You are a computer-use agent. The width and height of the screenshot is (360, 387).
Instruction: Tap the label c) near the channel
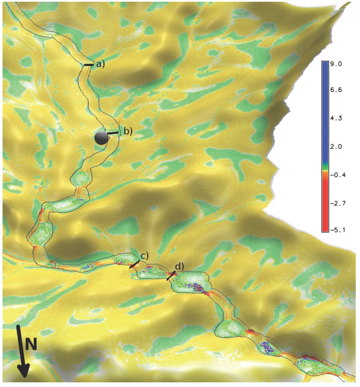144,256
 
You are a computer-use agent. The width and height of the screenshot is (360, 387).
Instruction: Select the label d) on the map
179,267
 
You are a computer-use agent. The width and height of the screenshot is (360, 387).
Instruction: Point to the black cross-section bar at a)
89,65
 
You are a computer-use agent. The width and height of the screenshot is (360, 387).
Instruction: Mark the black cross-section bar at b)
113,133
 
